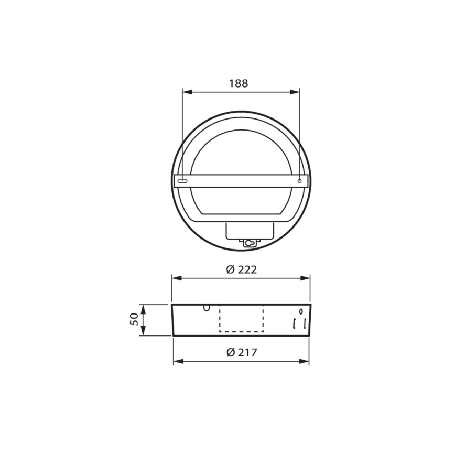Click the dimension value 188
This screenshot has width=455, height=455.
click(239, 83)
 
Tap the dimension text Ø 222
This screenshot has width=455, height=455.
click(242, 269)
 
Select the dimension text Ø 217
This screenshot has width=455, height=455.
click(242, 353)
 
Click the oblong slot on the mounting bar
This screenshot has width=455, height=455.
click(182, 181)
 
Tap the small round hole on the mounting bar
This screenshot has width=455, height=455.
click(299, 181)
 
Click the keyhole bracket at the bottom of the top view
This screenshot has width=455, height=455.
click(250, 243)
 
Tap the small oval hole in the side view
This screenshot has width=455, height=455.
click(300, 312)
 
